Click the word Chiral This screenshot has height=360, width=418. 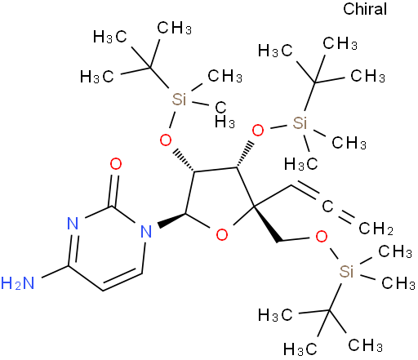point(365,9)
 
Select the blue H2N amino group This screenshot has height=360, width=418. point(18,283)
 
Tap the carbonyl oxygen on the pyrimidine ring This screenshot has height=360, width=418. point(116,164)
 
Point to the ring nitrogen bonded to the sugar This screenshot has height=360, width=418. point(146,232)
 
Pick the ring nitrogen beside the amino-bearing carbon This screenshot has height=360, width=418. point(73,224)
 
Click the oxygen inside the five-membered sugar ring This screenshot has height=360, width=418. point(222,234)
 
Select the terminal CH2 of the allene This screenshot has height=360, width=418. point(376,229)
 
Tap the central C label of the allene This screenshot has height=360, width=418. point(327,206)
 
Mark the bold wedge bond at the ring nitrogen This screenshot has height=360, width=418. point(171,220)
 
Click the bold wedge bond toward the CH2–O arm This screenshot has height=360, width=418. point(268,224)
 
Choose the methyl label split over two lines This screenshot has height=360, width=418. point(225,115)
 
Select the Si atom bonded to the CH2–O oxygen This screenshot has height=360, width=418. point(346,271)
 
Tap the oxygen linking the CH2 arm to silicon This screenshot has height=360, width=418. point(322,237)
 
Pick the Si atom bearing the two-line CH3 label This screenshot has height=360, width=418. point(179,99)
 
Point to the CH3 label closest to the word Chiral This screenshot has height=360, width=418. point(340,43)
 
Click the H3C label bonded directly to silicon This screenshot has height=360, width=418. point(300,164)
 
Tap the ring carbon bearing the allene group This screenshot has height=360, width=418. point(254,207)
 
